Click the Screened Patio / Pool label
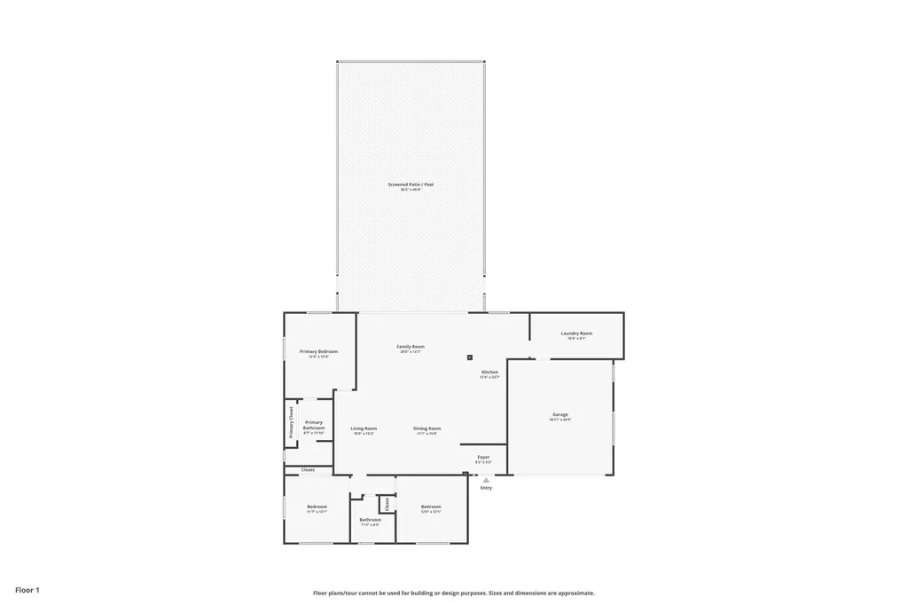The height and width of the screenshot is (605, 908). (x=411, y=185)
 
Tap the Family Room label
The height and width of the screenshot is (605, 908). (x=411, y=347)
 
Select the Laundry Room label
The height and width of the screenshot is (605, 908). (x=576, y=334)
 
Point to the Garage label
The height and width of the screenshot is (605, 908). (x=560, y=414)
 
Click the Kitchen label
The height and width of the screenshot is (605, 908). (x=489, y=373)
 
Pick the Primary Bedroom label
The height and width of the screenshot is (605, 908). (x=318, y=351)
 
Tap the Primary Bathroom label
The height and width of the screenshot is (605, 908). (x=314, y=425)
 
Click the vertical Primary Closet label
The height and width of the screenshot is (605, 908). (x=290, y=422)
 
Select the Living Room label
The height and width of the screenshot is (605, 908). (x=364, y=428)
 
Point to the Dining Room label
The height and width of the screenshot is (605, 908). (x=427, y=428)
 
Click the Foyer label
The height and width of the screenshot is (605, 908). (x=483, y=458)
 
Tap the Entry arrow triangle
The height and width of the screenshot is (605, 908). (x=486, y=480)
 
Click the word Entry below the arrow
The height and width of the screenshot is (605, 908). (x=486, y=488)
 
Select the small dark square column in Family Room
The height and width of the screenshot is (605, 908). (x=470, y=357)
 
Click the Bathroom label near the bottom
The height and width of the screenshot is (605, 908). (x=370, y=520)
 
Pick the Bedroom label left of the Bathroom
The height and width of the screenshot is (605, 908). (x=317, y=507)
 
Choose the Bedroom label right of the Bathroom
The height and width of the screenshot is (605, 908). (x=431, y=507)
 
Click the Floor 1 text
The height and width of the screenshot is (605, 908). (x=27, y=589)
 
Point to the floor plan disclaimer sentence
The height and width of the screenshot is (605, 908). (x=453, y=593)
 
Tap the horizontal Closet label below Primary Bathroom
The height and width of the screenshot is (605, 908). (x=308, y=469)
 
